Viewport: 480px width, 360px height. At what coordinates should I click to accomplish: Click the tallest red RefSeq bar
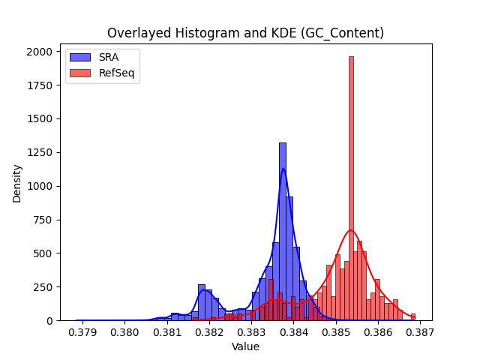(351, 188)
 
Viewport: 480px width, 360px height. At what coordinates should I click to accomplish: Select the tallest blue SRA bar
(283, 232)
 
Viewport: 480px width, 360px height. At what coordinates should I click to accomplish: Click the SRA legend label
(109, 57)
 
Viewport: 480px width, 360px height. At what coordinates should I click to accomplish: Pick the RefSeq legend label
(117, 73)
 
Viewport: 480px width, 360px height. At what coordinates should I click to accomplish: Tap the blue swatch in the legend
(80, 57)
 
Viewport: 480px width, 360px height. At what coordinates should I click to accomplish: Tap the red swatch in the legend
(80, 73)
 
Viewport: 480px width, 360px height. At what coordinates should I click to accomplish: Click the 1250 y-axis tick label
(40, 152)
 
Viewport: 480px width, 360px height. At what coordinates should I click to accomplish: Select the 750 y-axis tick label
(43, 220)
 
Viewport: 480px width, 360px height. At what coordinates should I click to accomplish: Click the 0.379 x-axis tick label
(82, 332)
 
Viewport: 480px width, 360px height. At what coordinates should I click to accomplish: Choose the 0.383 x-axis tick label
(252, 332)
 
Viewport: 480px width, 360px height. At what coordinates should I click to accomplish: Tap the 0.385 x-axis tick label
(336, 332)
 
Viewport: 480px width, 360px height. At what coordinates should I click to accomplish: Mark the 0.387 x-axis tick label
(420, 332)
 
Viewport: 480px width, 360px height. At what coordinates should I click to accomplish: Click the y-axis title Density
(16, 184)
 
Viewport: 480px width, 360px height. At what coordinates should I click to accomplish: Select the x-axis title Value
(245, 346)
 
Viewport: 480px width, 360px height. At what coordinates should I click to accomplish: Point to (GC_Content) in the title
(342, 33)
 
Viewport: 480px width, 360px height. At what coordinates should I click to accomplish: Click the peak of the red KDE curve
(351, 230)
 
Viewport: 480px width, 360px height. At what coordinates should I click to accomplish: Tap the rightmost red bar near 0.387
(413, 317)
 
